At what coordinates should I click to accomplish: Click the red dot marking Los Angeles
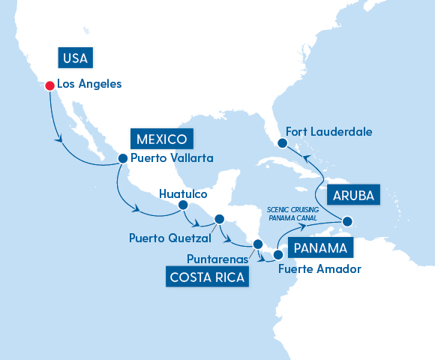click(49, 85)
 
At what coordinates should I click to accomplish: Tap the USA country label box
click(77, 58)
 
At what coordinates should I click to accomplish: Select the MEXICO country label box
click(162, 139)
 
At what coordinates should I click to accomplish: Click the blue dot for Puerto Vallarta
click(122, 158)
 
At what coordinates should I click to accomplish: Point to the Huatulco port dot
click(182, 204)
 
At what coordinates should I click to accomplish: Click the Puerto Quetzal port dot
click(220, 220)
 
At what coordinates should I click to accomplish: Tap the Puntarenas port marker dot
click(257, 244)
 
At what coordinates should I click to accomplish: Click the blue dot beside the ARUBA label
click(347, 221)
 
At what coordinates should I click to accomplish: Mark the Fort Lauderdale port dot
click(282, 142)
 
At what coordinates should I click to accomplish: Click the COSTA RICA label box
click(208, 278)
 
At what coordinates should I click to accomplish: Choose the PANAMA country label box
click(320, 248)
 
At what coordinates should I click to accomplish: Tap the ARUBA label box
click(352, 196)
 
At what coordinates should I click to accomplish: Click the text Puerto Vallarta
click(172, 158)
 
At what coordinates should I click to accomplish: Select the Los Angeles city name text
click(89, 84)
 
